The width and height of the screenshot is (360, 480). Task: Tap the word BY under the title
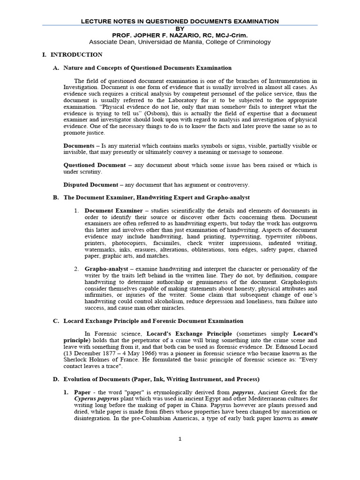(180, 28)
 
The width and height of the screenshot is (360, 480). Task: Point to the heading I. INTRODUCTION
(76, 55)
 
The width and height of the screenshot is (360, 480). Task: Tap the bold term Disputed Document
(93, 184)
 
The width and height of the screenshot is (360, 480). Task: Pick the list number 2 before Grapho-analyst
(76, 269)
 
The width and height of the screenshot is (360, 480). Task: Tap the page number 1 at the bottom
(180, 439)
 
